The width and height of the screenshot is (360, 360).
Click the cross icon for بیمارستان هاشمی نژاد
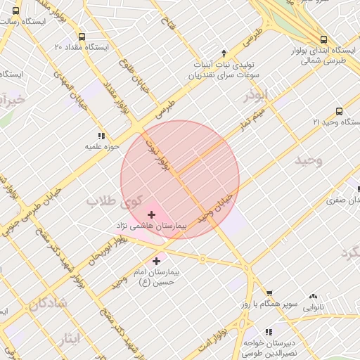tap(151, 214)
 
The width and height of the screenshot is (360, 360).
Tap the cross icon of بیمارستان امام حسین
tap(156, 261)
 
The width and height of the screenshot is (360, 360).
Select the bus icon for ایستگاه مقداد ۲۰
tap(82, 37)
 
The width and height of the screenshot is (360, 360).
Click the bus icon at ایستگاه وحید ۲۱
tap(340, 111)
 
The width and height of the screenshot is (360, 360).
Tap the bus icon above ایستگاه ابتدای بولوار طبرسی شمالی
tap(323, 40)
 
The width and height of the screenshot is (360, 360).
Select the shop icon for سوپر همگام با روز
tap(269, 293)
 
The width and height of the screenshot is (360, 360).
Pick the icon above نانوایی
tap(313, 297)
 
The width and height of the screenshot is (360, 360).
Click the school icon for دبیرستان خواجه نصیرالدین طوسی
tap(268, 331)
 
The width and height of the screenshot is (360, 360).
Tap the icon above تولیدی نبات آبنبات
tap(224, 52)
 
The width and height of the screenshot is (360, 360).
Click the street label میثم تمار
tap(250, 122)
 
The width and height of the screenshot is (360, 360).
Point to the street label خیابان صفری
tap(341, 200)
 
